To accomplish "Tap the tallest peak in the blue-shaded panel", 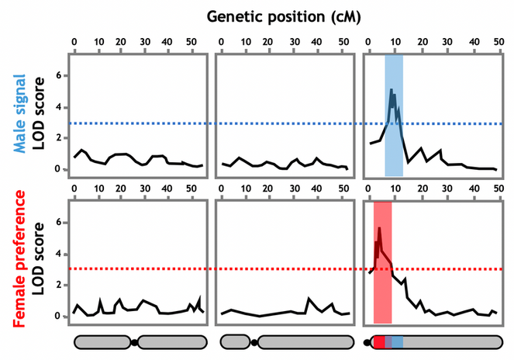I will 391,90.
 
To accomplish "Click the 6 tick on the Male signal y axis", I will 57,76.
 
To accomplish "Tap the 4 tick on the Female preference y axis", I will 57,254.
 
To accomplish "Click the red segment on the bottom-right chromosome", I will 379,341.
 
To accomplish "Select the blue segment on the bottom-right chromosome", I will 397,341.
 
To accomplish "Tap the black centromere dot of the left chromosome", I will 135,341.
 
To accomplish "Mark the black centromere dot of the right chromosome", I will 367,341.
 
